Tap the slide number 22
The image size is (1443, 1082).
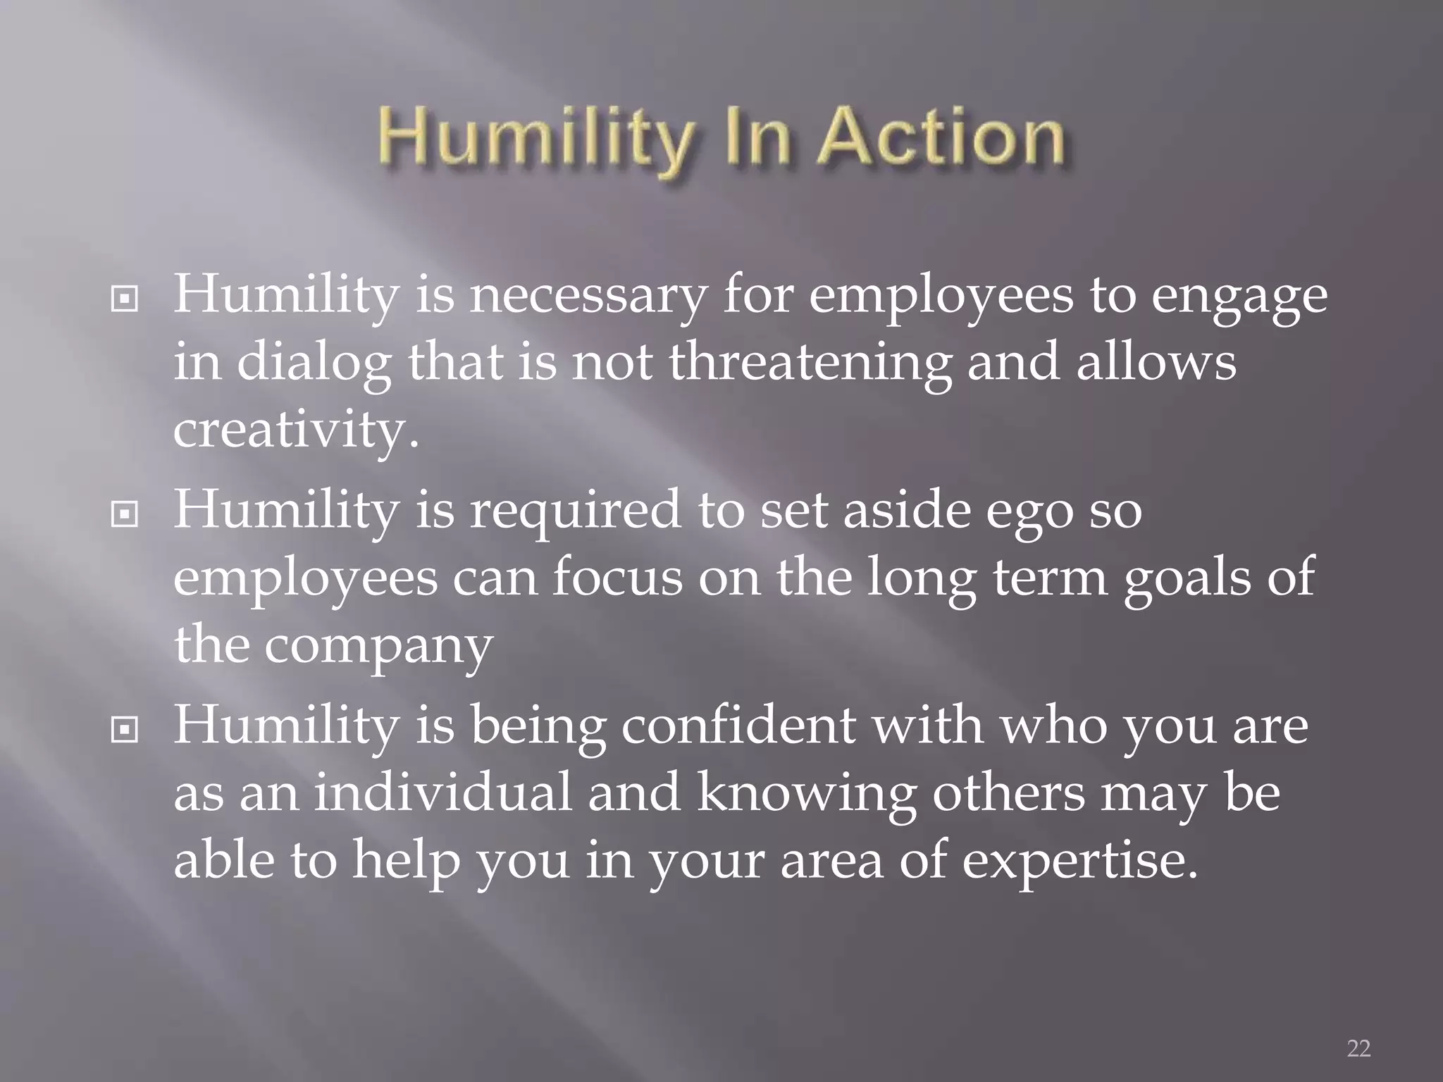click(x=1358, y=1048)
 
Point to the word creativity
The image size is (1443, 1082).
click(x=296, y=431)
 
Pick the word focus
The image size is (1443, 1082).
click(x=617, y=578)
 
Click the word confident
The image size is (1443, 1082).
click(x=738, y=726)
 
